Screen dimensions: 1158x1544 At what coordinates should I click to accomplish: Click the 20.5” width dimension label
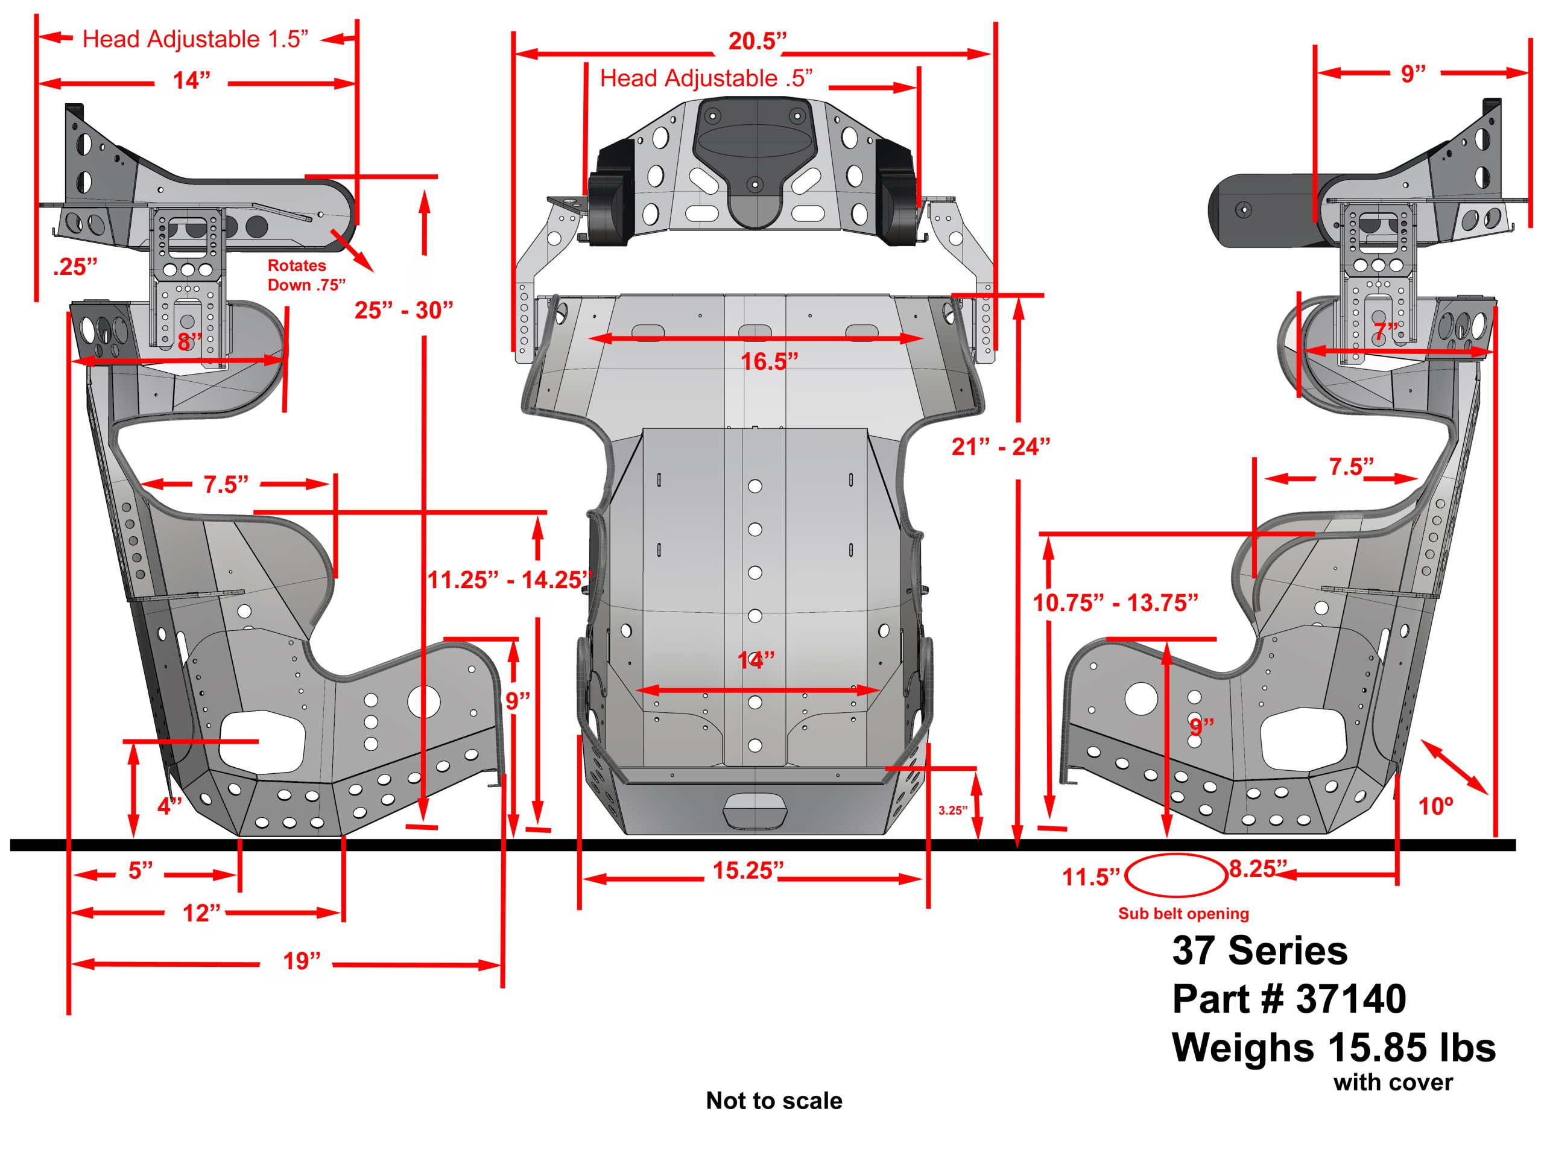(x=757, y=41)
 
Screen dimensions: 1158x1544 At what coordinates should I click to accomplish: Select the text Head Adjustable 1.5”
(x=195, y=39)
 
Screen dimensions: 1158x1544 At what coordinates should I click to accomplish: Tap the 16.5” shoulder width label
(x=768, y=361)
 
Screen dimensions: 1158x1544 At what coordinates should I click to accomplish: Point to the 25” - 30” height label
(x=403, y=310)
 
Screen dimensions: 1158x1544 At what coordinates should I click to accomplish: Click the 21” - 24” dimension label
(x=1000, y=447)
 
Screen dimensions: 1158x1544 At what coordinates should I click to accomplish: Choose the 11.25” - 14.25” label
(x=509, y=580)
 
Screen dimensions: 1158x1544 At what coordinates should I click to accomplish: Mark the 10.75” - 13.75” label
(x=1115, y=603)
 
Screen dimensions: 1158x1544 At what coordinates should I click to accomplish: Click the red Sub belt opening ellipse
(x=1176, y=875)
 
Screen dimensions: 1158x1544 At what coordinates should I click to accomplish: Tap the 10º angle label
(x=1436, y=807)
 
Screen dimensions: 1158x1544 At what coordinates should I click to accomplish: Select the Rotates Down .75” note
(x=306, y=275)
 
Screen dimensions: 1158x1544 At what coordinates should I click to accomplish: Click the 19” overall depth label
(x=302, y=961)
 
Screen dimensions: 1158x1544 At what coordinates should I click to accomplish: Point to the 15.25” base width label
(x=747, y=870)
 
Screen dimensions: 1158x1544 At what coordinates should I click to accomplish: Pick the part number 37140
(x=1350, y=999)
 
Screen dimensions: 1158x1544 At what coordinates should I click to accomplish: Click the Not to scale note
(x=773, y=1101)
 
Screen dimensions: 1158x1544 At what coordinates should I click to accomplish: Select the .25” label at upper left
(x=75, y=267)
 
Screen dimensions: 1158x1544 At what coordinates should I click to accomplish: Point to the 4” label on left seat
(x=169, y=806)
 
